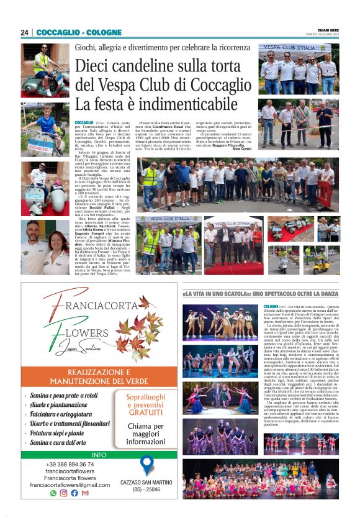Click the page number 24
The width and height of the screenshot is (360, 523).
point(24,32)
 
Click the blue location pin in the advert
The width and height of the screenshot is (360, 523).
point(146,465)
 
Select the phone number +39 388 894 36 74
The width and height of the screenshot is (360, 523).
point(70,464)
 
